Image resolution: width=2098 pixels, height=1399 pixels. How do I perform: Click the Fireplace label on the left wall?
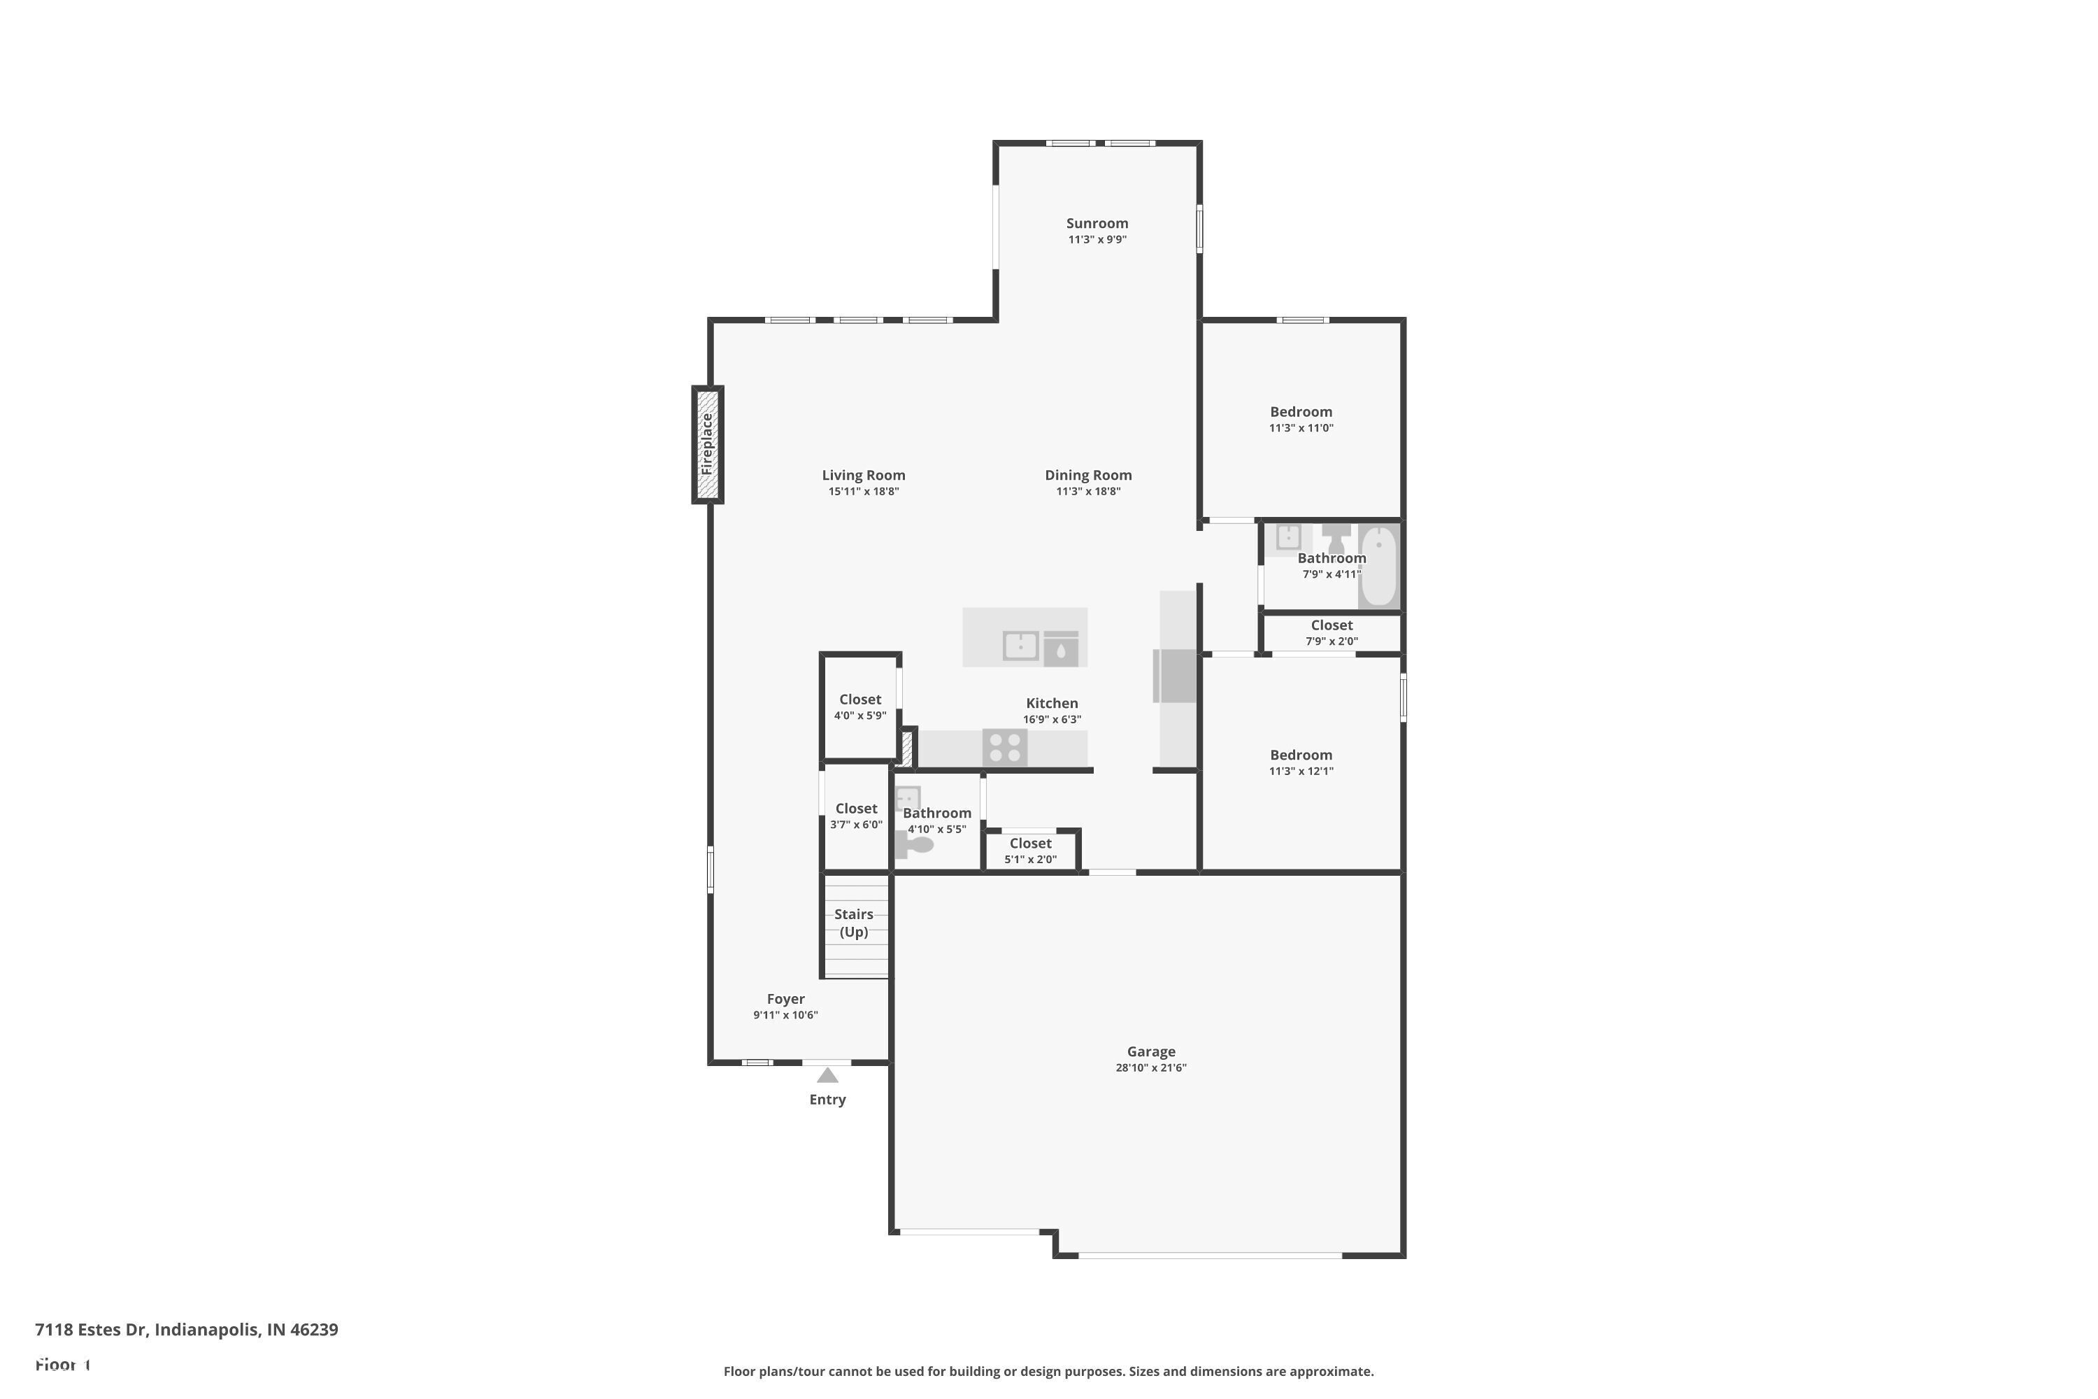pos(707,443)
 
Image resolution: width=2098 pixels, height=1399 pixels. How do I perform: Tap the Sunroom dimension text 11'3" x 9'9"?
pos(1097,240)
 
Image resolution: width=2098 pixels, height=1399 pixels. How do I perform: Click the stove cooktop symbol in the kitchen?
pos(1004,748)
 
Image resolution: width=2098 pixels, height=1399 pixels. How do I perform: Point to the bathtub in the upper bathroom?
pos(1378,566)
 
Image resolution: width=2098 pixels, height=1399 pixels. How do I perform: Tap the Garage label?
pos(1150,1052)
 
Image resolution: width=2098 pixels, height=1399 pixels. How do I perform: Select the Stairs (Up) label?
pos(854,923)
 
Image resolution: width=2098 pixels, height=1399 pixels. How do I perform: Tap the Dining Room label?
pos(1088,476)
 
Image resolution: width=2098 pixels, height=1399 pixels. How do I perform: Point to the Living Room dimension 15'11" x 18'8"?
pos(864,492)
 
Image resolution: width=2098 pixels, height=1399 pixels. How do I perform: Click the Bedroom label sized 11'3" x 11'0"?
pos(1301,412)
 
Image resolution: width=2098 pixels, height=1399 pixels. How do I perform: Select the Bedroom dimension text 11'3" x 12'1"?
pos(1301,772)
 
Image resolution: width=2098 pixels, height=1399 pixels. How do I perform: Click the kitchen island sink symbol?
pos(1020,644)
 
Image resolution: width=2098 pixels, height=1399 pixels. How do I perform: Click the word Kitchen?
pos(1052,704)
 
